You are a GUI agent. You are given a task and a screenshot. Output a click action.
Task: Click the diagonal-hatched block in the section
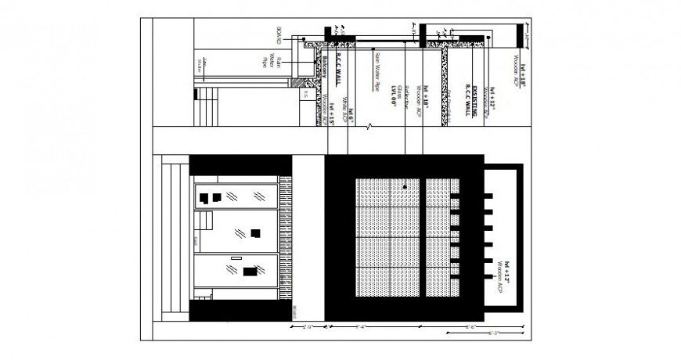(297, 81)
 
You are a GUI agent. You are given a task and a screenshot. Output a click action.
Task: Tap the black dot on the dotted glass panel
(405, 187)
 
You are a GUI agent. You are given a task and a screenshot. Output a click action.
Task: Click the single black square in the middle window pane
(255, 232)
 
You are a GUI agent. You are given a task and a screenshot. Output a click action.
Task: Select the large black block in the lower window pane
(249, 272)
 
